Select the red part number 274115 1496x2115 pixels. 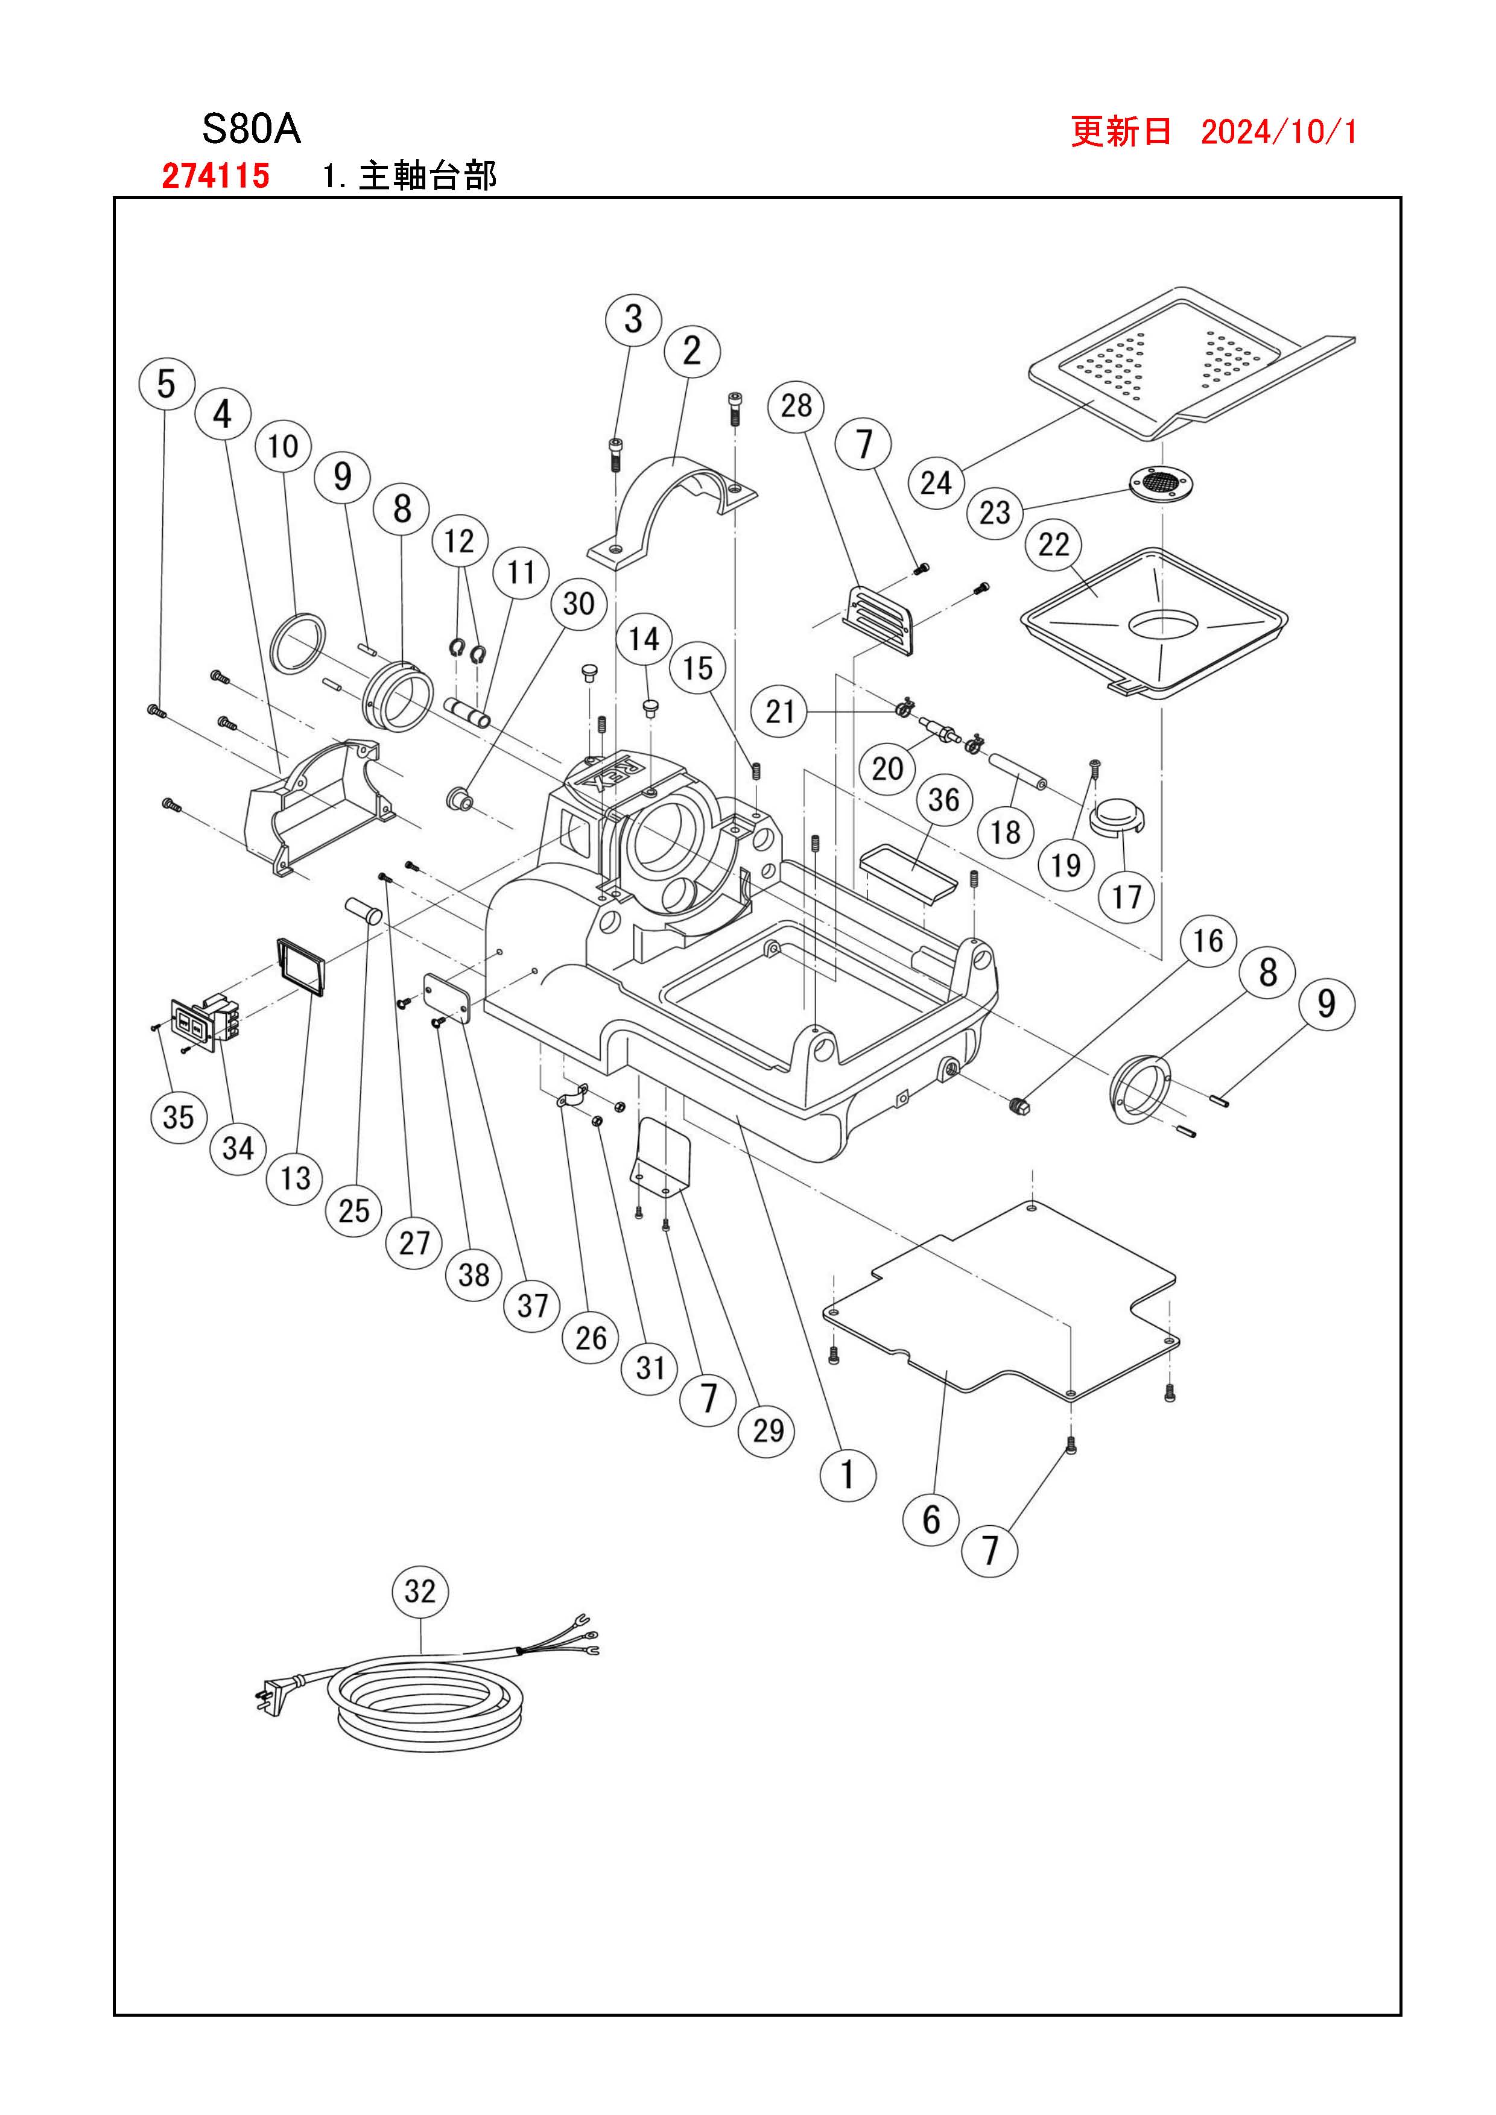click(x=215, y=175)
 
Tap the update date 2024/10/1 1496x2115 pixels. click(x=1279, y=131)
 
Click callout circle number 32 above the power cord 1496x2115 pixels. click(x=420, y=1591)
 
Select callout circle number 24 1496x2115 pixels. click(x=936, y=482)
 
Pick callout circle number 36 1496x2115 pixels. click(x=944, y=800)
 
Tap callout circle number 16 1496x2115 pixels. click(x=1208, y=941)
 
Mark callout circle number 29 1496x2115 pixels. click(x=769, y=1430)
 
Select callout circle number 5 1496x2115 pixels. click(x=166, y=383)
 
